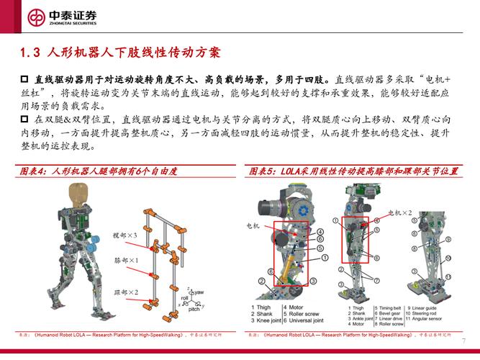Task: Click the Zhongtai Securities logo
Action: coord(63,17)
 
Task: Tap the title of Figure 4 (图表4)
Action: coord(97,171)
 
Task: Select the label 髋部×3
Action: coord(124,235)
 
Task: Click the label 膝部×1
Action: coord(126,259)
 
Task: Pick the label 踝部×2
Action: coord(126,292)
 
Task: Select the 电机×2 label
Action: coord(400,213)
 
